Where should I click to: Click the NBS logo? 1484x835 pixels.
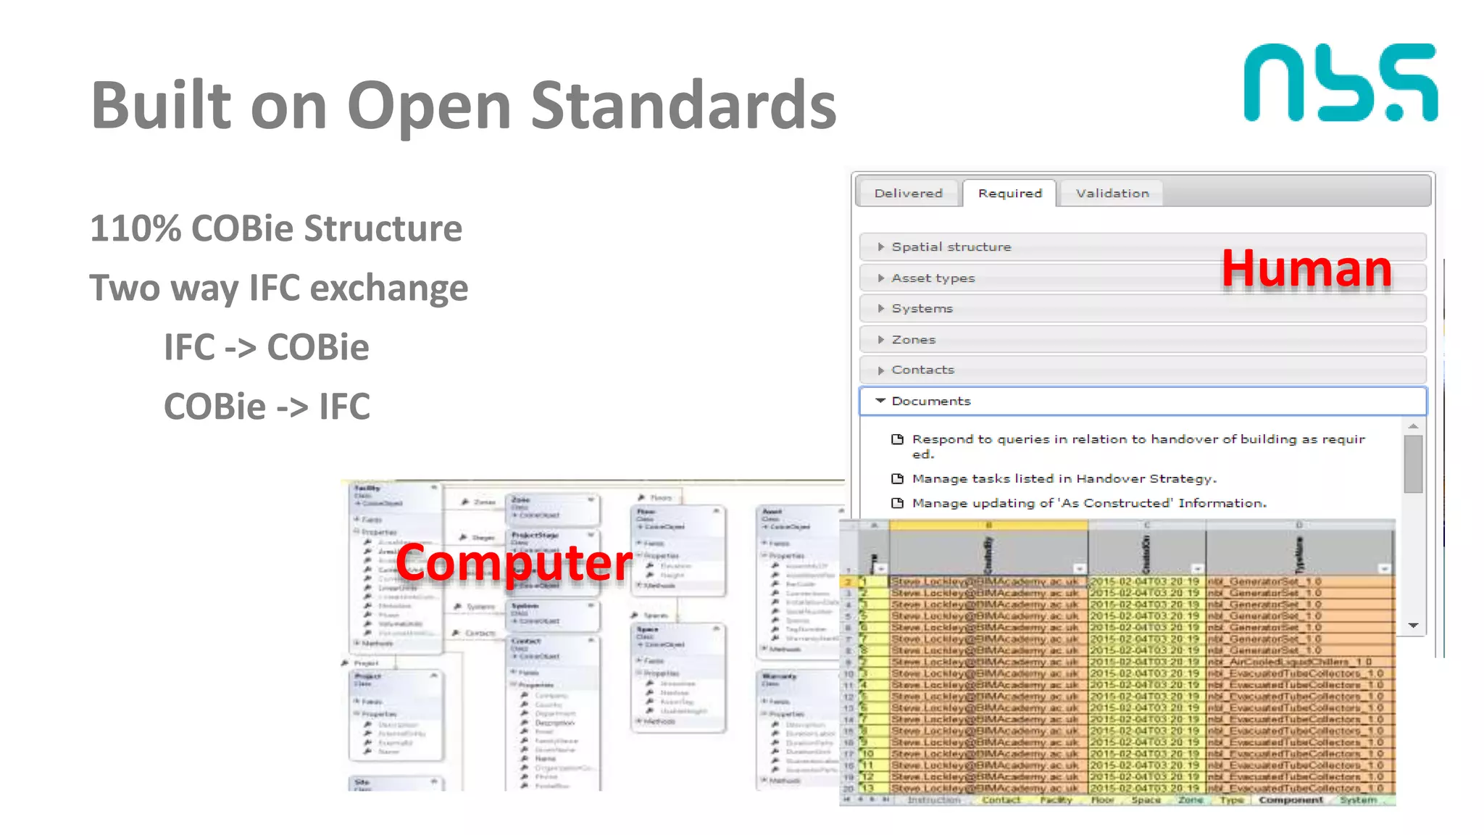[x=1340, y=83]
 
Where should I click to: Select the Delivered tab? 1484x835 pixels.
[x=908, y=194]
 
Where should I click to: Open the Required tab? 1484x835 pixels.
[x=1009, y=194]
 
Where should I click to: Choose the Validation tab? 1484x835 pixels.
[x=1112, y=194]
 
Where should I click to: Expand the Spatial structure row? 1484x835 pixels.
[x=951, y=247]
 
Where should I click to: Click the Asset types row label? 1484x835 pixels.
[x=933, y=278]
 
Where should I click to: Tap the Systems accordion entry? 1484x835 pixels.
[x=922, y=309]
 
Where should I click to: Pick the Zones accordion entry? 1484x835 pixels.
[x=913, y=340]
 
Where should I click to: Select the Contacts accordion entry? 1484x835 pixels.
[x=922, y=370]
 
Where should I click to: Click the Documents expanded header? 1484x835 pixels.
[x=930, y=402]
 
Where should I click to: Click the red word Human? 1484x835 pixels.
[x=1306, y=269]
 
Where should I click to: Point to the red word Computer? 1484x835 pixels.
[x=514, y=562]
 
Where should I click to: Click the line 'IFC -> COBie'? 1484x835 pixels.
[x=266, y=347]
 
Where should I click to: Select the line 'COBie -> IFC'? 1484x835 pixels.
[x=267, y=407]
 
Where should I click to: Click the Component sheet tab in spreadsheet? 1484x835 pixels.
[x=1291, y=800]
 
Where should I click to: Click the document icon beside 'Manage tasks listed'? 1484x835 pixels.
[x=897, y=479]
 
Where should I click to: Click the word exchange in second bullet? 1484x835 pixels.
[x=389, y=288]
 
